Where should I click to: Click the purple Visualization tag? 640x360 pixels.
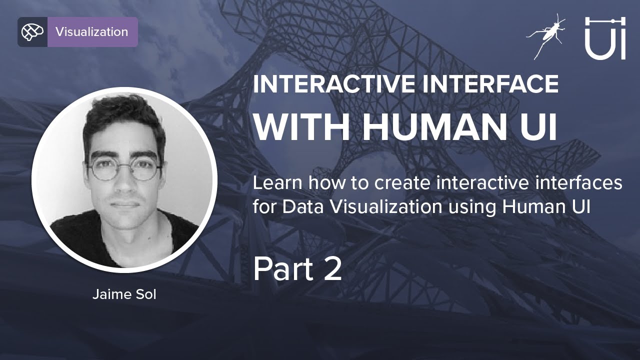92,31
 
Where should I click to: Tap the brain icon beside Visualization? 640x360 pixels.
32,31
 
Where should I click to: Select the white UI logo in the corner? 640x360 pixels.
605,38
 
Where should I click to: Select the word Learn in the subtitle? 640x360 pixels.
277,183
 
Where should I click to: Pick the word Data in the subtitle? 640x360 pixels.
303,206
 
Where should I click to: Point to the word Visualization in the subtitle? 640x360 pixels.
385,206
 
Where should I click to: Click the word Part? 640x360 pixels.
283,269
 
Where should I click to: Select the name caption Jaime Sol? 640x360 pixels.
124,294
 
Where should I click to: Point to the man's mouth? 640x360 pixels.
125,204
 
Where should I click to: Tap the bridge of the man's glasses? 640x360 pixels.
123,166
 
